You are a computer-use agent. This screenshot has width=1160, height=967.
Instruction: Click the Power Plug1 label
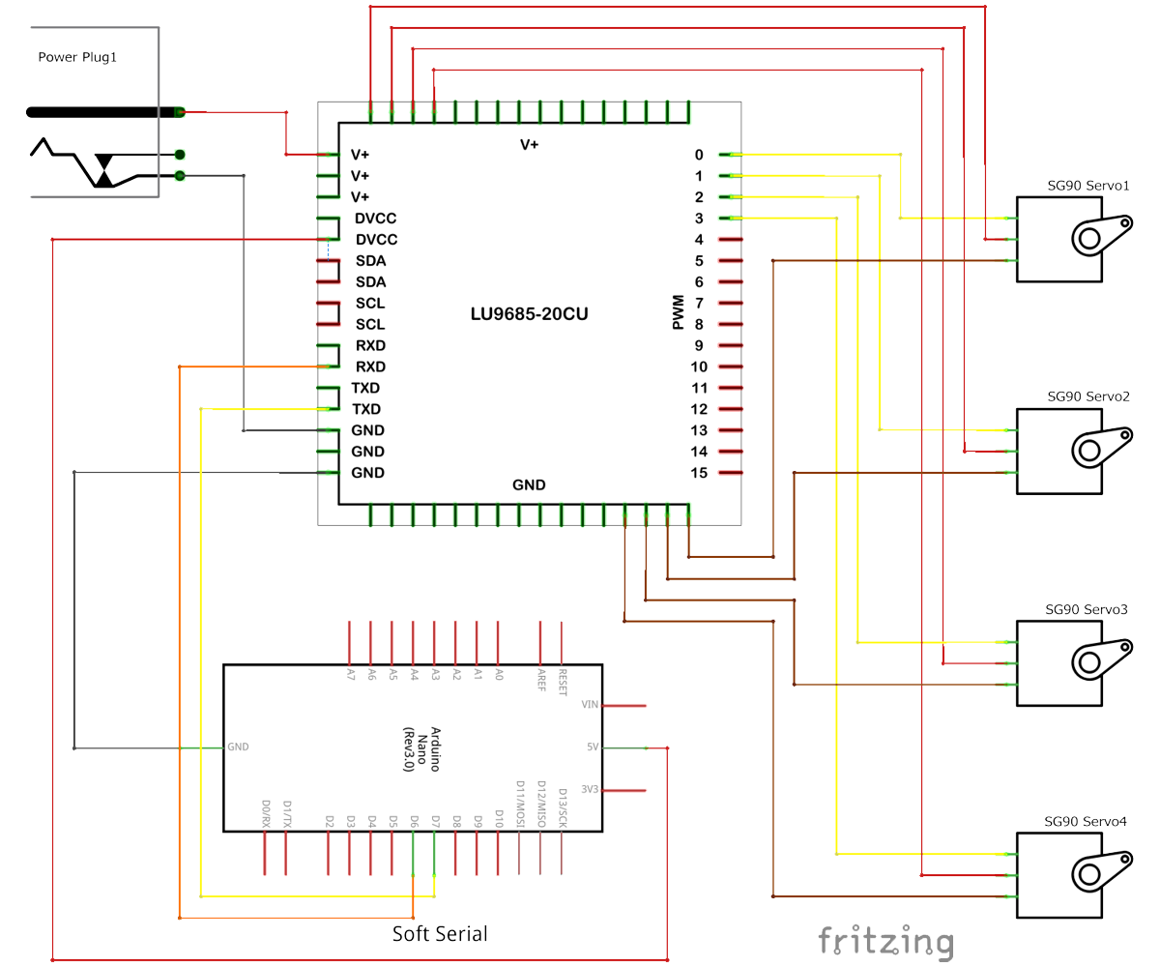pyautogui.click(x=77, y=57)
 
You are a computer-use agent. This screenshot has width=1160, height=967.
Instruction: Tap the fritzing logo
pyautogui.click(x=885, y=941)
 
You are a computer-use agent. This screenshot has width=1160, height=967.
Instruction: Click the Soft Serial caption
pyautogui.click(x=440, y=934)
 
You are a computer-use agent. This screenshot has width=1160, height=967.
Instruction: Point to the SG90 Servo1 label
pyautogui.click(x=1088, y=185)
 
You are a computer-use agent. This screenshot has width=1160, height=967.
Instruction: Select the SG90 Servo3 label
pyautogui.click(x=1087, y=610)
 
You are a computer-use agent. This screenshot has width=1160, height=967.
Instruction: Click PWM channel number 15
pyautogui.click(x=700, y=473)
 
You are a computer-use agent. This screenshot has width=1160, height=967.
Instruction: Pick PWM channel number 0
pyautogui.click(x=699, y=155)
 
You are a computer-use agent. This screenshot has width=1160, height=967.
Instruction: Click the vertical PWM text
pyautogui.click(x=679, y=313)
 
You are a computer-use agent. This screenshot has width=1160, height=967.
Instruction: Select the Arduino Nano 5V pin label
pyautogui.click(x=593, y=747)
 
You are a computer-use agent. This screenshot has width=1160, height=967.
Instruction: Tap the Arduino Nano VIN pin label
pyautogui.click(x=590, y=705)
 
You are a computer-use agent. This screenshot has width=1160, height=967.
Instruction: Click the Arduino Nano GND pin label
pyautogui.click(x=238, y=747)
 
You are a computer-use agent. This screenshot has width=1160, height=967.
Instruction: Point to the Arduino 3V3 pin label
pyautogui.click(x=590, y=789)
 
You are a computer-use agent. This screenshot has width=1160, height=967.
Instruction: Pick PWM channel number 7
pyautogui.click(x=699, y=304)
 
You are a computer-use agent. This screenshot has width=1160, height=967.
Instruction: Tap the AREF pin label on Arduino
pyautogui.click(x=541, y=681)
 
